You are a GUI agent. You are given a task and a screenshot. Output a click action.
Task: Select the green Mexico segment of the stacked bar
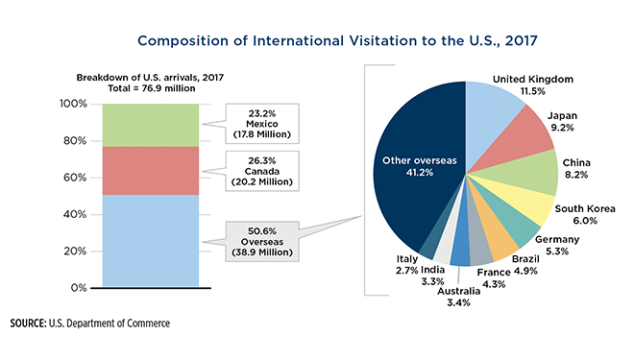pos(151,124)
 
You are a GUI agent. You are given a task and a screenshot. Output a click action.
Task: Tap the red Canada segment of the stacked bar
pos(151,170)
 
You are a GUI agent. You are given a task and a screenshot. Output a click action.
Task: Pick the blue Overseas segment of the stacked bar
pos(151,240)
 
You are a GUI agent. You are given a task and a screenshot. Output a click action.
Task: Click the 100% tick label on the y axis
pos(74,103)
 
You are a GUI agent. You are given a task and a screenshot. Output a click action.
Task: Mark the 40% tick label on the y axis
pos(77,214)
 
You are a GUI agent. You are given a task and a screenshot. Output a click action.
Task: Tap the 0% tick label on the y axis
pos(81,288)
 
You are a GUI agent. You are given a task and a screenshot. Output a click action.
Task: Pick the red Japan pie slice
pos(524,139)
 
